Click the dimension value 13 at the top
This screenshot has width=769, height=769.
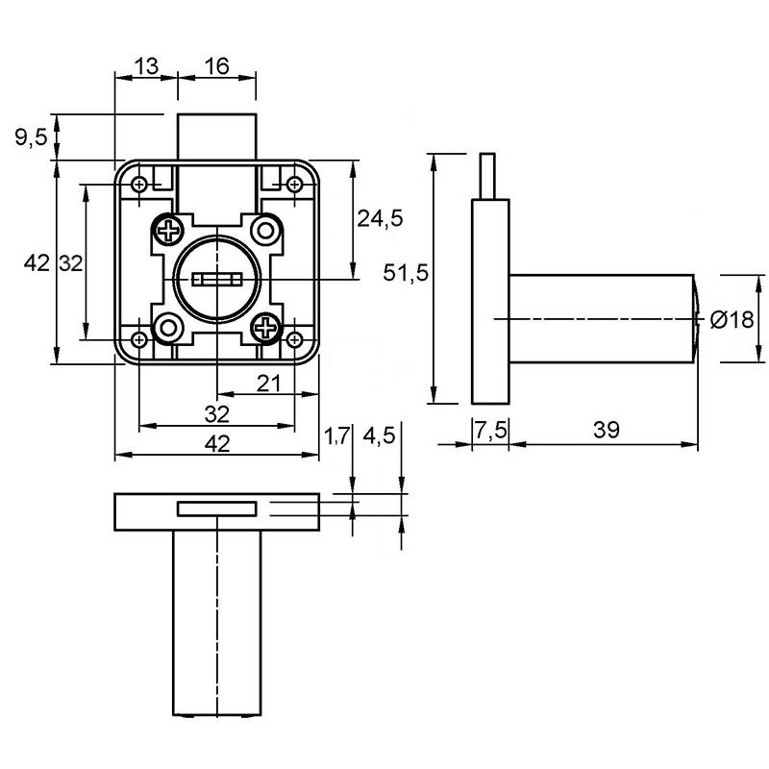(146, 65)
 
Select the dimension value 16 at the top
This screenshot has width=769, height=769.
(216, 65)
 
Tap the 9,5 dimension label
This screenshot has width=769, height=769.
(32, 137)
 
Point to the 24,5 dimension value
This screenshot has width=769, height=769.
(380, 218)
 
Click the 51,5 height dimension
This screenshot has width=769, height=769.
(406, 273)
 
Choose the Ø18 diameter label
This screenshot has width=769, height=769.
(732, 320)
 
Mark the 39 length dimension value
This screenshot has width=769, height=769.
(607, 430)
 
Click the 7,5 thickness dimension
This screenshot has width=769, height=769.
(490, 431)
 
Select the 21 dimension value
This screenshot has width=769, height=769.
(268, 383)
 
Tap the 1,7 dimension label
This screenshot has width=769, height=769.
(336, 435)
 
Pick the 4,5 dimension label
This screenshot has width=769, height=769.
(379, 435)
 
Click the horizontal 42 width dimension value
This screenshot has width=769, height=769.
(217, 444)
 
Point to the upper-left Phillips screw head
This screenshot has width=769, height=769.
(168, 230)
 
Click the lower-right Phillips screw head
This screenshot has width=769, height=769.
(266, 327)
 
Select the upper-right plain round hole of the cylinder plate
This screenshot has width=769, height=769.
(266, 230)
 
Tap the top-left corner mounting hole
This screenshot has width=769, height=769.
(139, 185)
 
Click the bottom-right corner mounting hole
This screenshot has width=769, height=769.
(294, 339)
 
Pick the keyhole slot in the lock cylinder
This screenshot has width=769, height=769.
(217, 280)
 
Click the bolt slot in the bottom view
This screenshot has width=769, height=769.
(217, 509)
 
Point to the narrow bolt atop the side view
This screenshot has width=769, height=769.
(487, 176)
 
